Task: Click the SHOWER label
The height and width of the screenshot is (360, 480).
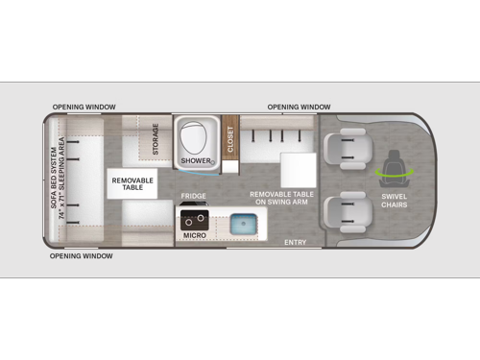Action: tap(196, 160)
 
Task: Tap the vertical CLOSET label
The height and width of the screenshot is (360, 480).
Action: tap(230, 139)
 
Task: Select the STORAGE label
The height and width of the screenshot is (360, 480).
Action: tap(156, 139)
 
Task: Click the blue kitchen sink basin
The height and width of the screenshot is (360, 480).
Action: tap(244, 224)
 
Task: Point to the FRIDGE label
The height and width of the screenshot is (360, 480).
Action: tap(193, 196)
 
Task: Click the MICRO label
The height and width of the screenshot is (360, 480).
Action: tap(195, 235)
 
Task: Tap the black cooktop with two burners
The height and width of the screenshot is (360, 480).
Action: tap(195, 220)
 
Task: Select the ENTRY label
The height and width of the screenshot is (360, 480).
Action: tap(296, 243)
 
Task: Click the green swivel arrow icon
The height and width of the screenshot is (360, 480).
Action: tap(395, 173)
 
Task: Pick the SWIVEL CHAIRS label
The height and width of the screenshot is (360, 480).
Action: tap(395, 201)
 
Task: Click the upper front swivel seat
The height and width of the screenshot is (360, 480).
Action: tap(348, 149)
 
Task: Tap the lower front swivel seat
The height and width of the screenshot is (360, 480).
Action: tap(348, 212)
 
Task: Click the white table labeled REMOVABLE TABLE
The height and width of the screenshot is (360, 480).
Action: tap(132, 183)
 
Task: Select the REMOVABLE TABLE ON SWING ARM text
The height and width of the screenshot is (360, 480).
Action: tap(281, 198)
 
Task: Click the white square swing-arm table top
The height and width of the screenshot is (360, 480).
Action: tap(299, 170)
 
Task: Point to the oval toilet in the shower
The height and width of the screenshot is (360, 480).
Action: tap(193, 139)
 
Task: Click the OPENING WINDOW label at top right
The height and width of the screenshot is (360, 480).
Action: tap(299, 107)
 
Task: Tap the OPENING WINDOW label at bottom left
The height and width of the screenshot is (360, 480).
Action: tap(81, 256)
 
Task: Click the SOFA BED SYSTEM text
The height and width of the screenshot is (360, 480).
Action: tap(54, 178)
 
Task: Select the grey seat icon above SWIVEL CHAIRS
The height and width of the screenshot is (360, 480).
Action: tap(395, 168)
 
